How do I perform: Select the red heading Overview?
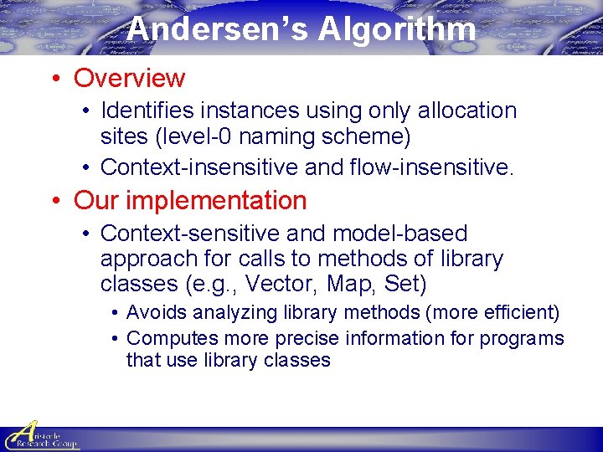(129, 78)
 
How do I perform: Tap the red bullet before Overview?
(55, 79)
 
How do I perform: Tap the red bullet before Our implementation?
(55, 202)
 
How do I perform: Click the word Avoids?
(157, 313)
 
